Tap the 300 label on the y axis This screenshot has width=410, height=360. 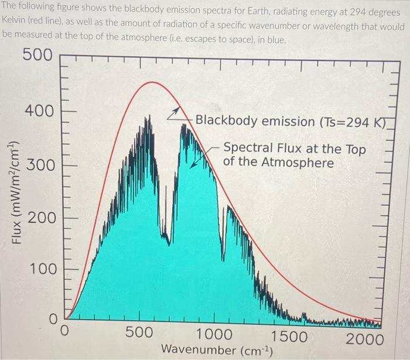point(39,164)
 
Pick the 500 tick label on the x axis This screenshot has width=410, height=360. point(140,334)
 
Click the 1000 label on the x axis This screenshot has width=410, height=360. point(213,335)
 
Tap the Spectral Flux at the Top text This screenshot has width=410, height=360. point(295,149)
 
